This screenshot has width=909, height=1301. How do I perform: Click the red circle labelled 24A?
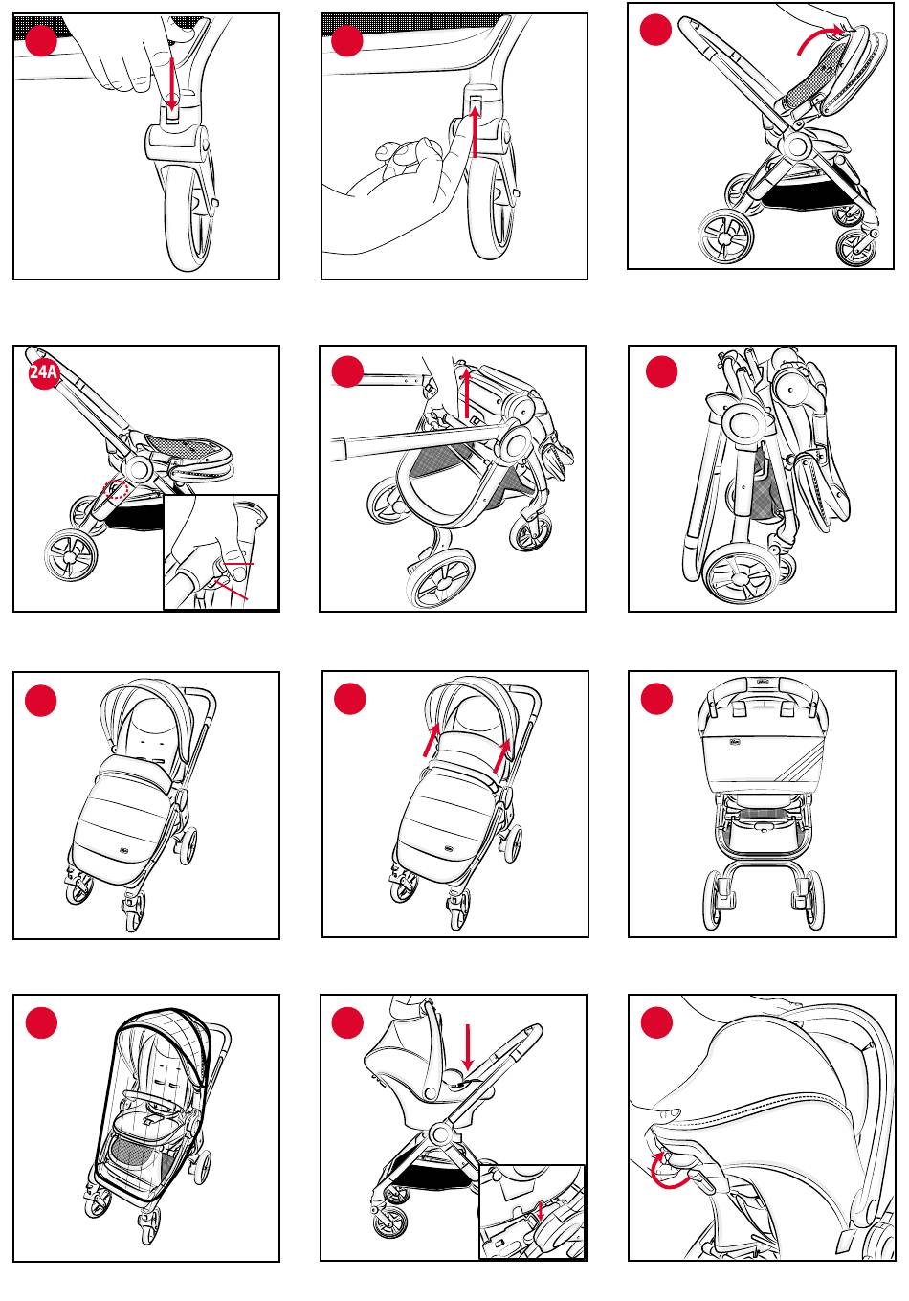click(44, 373)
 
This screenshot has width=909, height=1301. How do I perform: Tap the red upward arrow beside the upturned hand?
click(477, 133)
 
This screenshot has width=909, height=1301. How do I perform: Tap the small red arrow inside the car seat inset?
click(542, 1212)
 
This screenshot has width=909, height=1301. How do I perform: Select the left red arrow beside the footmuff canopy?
click(430, 741)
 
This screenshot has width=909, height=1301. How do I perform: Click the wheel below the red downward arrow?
click(189, 211)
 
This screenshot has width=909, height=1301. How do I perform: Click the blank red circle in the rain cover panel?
click(42, 1022)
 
